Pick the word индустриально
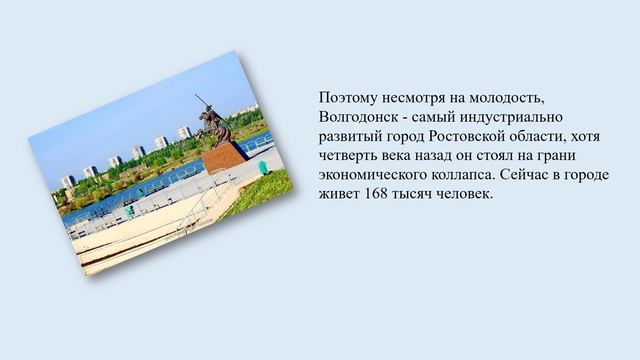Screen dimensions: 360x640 [x=505, y=117]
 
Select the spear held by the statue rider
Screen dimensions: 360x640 [x=204, y=104]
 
